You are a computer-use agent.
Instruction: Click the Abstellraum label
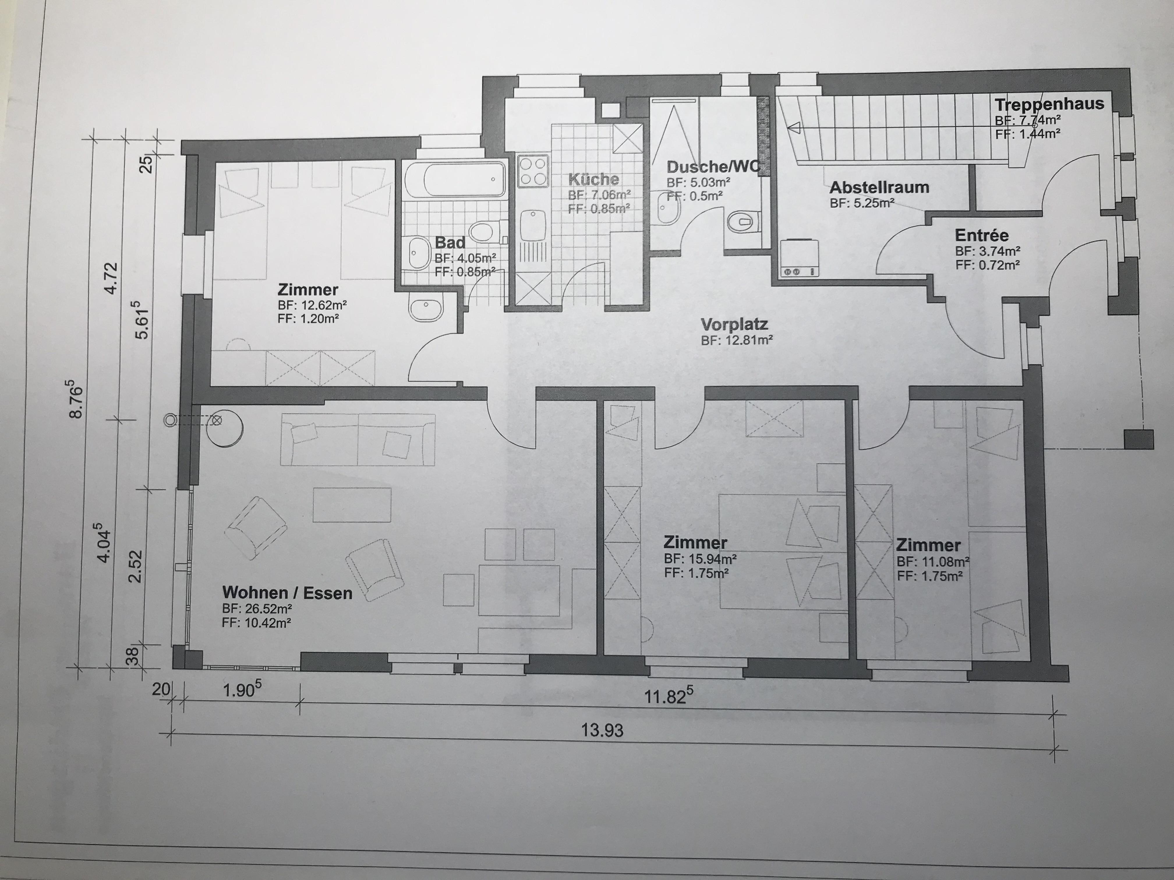879,187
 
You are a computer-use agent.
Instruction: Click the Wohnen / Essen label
287,592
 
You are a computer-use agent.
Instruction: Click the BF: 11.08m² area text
933,562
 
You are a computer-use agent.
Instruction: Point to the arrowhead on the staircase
795,127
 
